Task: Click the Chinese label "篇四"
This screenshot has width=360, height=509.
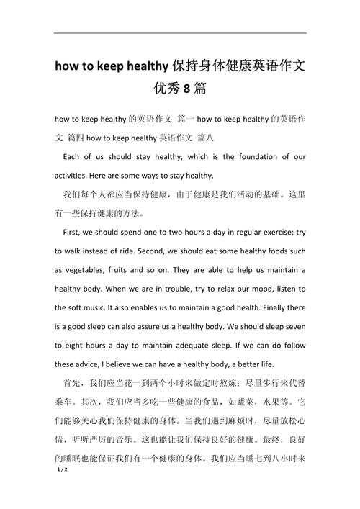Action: [79, 135]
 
